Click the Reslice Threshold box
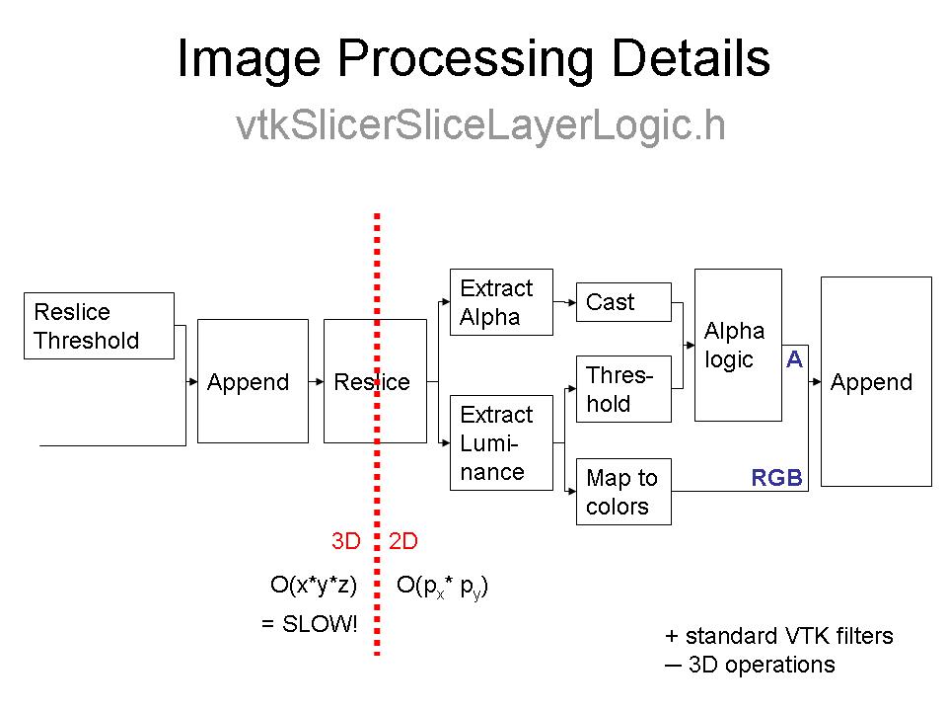pyautogui.click(x=99, y=326)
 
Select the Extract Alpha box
pyautogui.click(x=501, y=302)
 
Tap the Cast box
pyautogui.click(x=623, y=302)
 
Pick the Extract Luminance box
pyautogui.click(x=501, y=442)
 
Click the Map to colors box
pyautogui.click(x=623, y=492)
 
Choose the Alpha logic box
pyautogui.click(x=738, y=345)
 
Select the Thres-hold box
pyautogui.click(x=623, y=389)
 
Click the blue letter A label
pyautogui.click(x=794, y=359)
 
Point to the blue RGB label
pyautogui.click(x=776, y=479)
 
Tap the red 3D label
pyautogui.click(x=346, y=541)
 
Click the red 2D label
pyautogui.click(x=403, y=541)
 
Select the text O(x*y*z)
pyautogui.click(x=314, y=585)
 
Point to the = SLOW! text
pyautogui.click(x=310, y=624)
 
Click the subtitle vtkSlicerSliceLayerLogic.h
pyautogui.click(x=481, y=125)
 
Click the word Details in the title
pyautogui.click(x=691, y=59)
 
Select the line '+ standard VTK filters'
pyautogui.click(x=779, y=636)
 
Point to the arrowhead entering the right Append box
pyautogui.click(x=815, y=381)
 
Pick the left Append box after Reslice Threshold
pyautogui.click(x=254, y=381)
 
